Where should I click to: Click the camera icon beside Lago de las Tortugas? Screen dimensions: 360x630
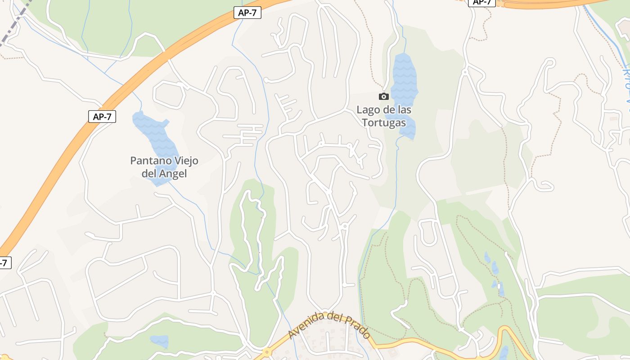383,96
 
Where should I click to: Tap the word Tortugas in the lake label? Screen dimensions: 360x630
384,122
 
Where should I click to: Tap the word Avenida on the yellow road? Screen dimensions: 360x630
306,326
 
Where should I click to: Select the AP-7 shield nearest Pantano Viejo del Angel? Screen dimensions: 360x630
102,117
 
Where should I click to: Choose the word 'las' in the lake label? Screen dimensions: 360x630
403,110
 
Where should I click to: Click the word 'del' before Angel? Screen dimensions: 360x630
148,174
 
